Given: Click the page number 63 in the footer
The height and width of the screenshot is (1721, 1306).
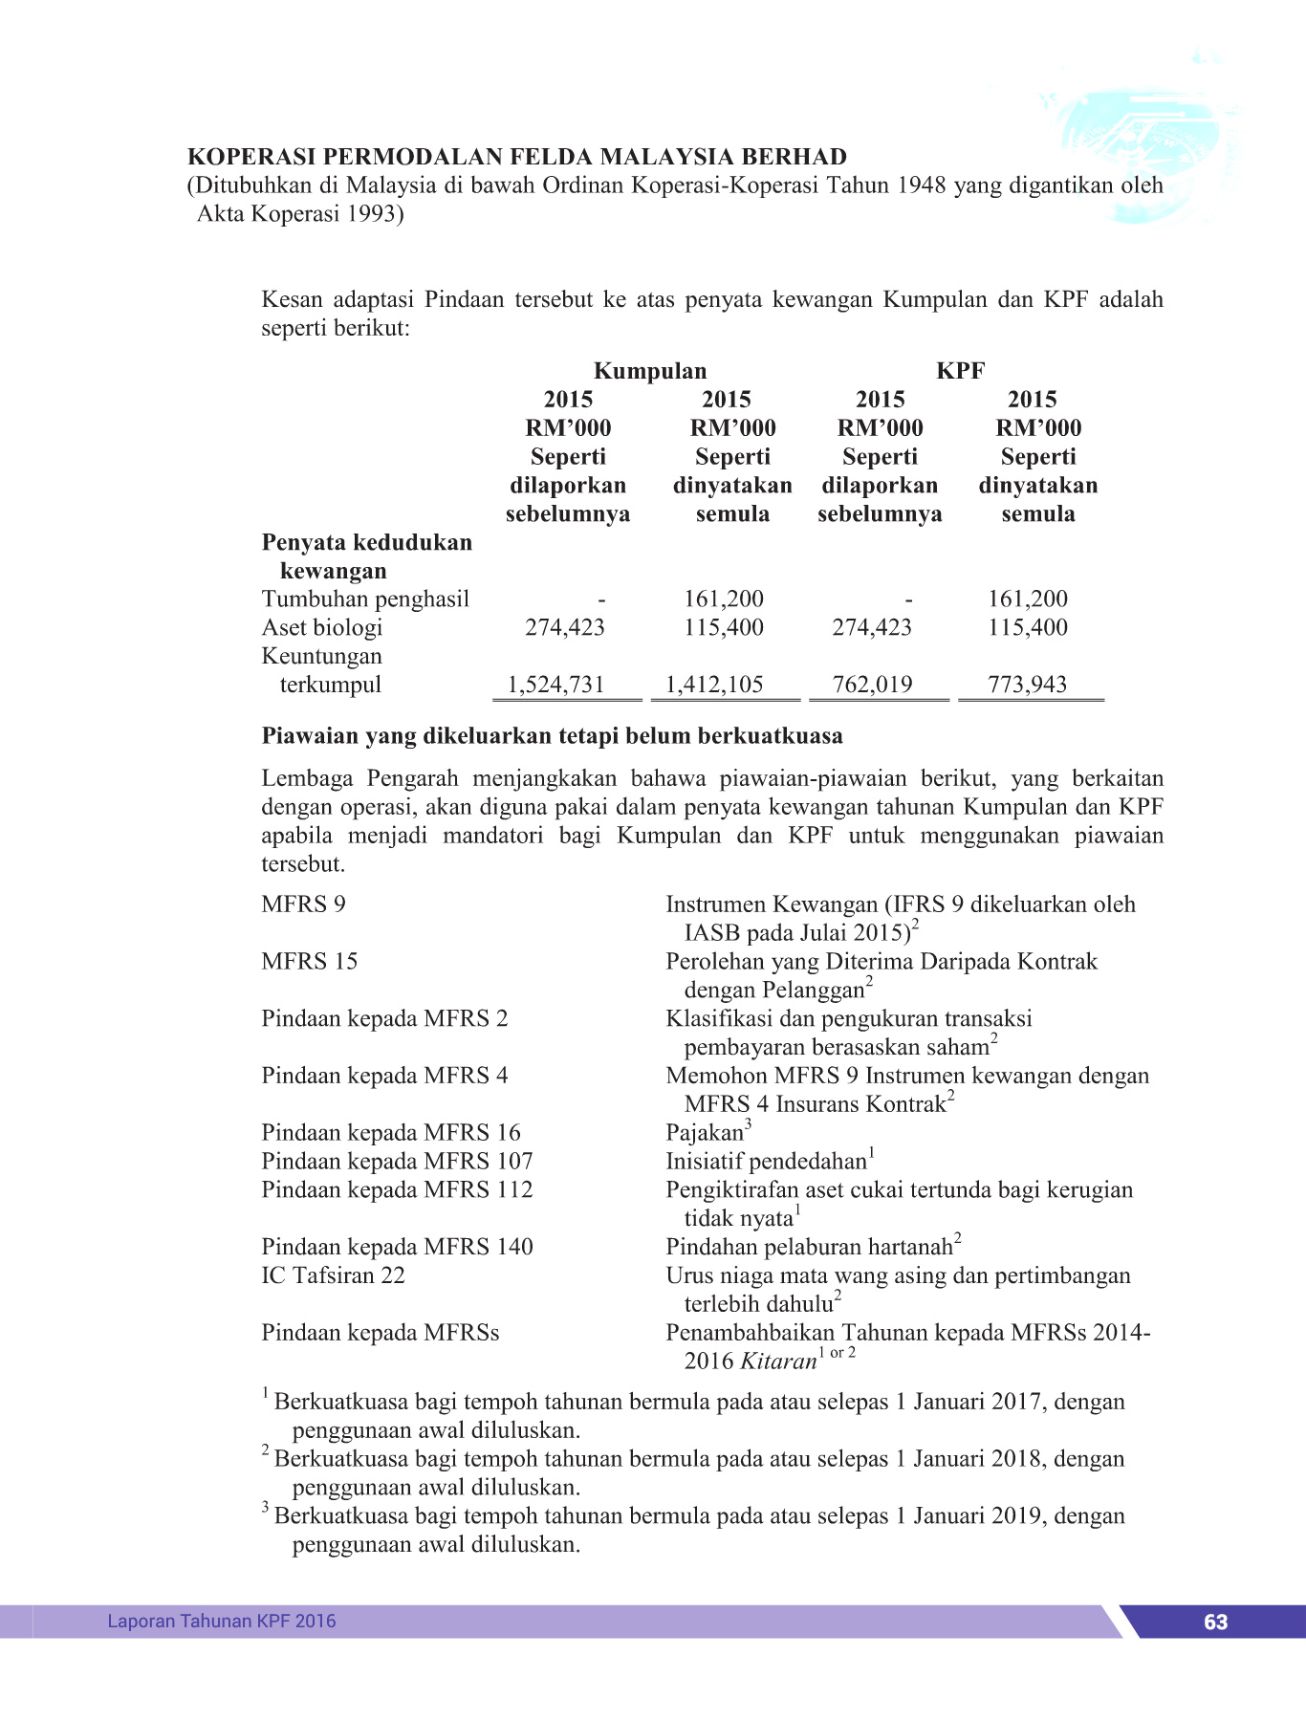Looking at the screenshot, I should tap(1215, 1622).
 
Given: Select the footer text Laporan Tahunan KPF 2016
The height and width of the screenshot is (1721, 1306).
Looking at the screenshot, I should tap(221, 1621).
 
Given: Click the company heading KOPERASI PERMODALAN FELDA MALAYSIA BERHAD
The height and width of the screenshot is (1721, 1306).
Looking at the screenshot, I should tap(517, 157).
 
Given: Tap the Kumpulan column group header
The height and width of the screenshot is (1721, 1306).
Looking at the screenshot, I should tap(650, 371).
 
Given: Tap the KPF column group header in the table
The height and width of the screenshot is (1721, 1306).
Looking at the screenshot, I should tap(960, 371).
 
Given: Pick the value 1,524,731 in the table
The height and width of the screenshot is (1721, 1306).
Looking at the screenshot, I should tap(555, 685).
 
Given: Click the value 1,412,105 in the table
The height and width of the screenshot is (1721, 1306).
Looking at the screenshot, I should tap(714, 685).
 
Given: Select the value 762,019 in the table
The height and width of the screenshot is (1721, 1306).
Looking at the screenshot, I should tap(872, 685).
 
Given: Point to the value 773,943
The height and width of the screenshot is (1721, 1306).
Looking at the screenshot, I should tap(1027, 685).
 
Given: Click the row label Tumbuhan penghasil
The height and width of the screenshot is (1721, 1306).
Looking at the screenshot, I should tap(365, 599).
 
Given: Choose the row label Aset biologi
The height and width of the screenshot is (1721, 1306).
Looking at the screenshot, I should tap(322, 628).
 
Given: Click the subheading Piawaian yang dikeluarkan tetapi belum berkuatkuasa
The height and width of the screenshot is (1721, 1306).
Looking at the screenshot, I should tap(552, 736).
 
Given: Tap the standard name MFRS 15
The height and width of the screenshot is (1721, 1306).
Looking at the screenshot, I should tap(309, 962).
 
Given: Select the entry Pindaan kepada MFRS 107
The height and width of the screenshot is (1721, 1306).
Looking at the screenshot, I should tap(397, 1162).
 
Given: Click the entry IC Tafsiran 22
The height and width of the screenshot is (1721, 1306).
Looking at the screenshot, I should tap(333, 1275).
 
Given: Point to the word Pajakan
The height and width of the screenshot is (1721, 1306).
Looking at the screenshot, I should tap(705, 1134).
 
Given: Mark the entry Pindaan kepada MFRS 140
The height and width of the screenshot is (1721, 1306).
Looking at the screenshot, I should tap(397, 1247).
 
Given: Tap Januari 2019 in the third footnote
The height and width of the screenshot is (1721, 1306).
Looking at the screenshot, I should tap(971, 1516).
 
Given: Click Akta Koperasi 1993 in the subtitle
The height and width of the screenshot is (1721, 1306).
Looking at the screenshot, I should tap(299, 214).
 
